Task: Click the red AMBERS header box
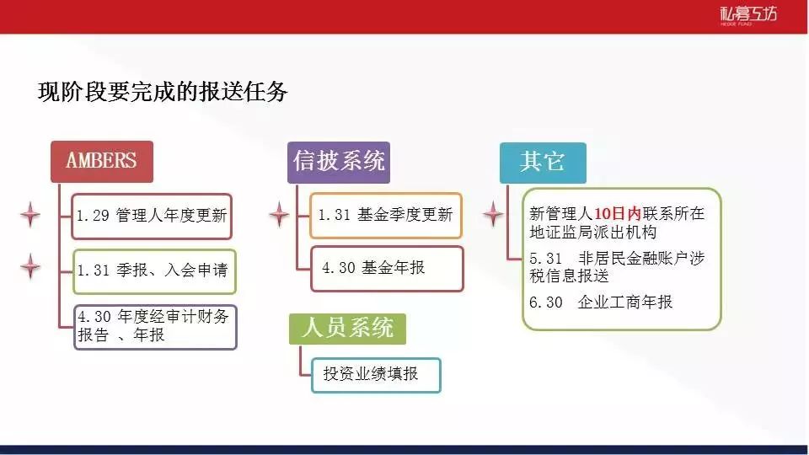pyautogui.click(x=102, y=162)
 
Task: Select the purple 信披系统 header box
pyautogui.click(x=339, y=162)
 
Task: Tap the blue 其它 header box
pyautogui.click(x=543, y=163)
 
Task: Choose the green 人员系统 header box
pyautogui.click(x=347, y=329)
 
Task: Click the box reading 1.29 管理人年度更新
pyautogui.click(x=152, y=217)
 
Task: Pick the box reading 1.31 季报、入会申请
pyautogui.click(x=154, y=271)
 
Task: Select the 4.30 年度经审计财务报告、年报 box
pyautogui.click(x=155, y=327)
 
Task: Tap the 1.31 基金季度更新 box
pyautogui.click(x=385, y=215)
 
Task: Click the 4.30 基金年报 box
pyautogui.click(x=387, y=269)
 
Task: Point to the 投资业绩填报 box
pyautogui.click(x=376, y=375)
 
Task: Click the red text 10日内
pyautogui.click(x=618, y=213)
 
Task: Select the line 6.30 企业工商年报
pyautogui.click(x=601, y=302)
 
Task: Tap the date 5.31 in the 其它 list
pyautogui.click(x=546, y=259)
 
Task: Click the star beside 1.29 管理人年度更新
pyautogui.click(x=30, y=215)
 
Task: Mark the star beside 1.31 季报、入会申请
pyautogui.click(x=30, y=267)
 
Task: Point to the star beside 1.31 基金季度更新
pyautogui.click(x=279, y=215)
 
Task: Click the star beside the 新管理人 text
pyautogui.click(x=493, y=214)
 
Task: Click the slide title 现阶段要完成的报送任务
pyautogui.click(x=163, y=93)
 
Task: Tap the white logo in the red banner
pyautogui.click(x=748, y=15)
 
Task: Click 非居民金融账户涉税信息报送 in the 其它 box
pyautogui.click(x=617, y=267)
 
